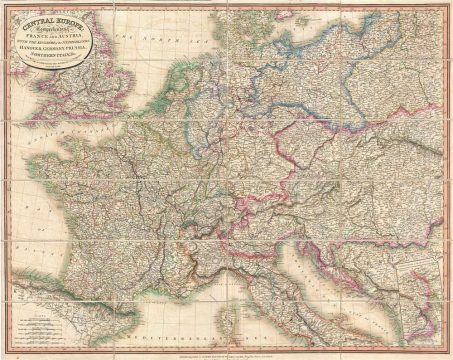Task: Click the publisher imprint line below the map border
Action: click(226, 350)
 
